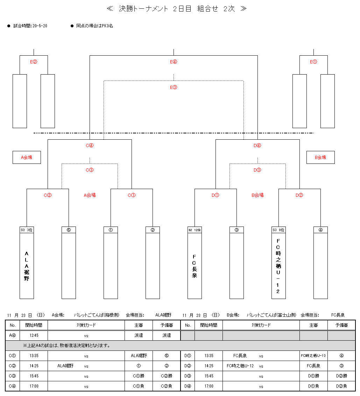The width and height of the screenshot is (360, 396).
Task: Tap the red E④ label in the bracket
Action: tap(174, 62)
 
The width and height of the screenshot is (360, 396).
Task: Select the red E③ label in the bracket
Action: tap(174, 87)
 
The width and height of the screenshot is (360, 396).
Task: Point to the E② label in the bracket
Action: tap(34, 62)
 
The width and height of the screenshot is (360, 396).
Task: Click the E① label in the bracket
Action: tap(313, 62)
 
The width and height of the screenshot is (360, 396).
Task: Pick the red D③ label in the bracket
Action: tap(257, 170)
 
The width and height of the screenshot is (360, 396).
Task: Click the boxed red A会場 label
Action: tap(27, 158)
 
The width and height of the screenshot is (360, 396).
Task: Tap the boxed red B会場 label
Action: tap(320, 158)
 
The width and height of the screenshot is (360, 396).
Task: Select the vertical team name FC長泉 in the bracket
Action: tap(195, 266)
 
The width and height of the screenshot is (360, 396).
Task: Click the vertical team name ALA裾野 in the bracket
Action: tap(27, 266)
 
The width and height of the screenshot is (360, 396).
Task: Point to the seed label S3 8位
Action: tap(278, 230)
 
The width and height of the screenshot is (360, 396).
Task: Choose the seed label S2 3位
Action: tap(27, 230)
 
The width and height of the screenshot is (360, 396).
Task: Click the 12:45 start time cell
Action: tap(34, 335)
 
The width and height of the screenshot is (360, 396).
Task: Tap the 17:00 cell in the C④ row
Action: tap(34, 386)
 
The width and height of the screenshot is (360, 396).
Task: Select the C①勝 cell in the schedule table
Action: tap(139, 376)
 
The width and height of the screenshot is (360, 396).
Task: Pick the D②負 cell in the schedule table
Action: tap(341, 386)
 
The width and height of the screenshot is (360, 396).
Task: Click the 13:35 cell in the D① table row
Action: tap(209, 356)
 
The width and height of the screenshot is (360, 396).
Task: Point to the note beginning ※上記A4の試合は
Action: tap(66, 346)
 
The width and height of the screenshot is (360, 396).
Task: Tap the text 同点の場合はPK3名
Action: tap(94, 26)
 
